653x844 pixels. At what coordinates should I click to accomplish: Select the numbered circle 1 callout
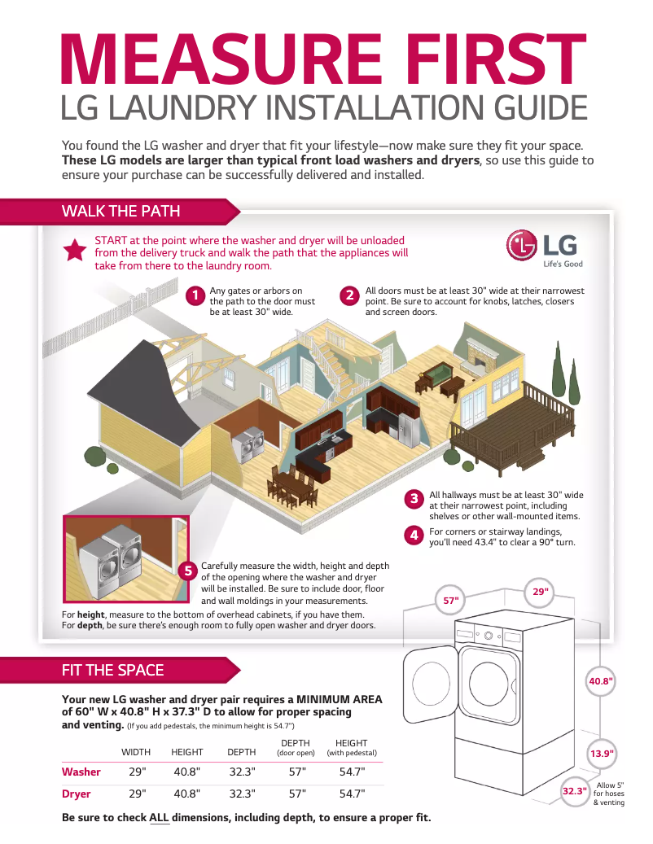coord(195,296)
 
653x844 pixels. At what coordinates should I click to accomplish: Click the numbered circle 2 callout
coord(349,296)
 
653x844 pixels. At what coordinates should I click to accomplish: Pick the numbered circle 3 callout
coord(414,499)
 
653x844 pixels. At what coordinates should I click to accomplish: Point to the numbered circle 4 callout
coord(414,536)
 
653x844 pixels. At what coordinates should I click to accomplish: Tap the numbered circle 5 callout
coord(188,571)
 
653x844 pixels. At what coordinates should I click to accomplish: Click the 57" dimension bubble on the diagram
coord(450,601)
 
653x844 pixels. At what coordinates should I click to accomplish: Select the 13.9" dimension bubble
coord(601,754)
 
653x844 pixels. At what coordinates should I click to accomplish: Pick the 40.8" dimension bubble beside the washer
coord(601,680)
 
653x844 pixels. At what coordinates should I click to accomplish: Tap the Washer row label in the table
coord(81,772)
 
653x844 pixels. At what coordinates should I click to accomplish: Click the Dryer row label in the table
coord(77,794)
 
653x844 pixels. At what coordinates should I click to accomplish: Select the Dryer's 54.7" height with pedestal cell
coord(352,794)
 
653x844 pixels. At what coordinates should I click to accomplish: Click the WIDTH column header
coord(136,752)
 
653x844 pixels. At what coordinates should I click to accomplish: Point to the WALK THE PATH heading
coord(121,212)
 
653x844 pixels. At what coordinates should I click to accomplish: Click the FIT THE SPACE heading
coord(112,670)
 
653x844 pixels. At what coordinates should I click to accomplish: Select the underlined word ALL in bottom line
coord(159,817)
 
